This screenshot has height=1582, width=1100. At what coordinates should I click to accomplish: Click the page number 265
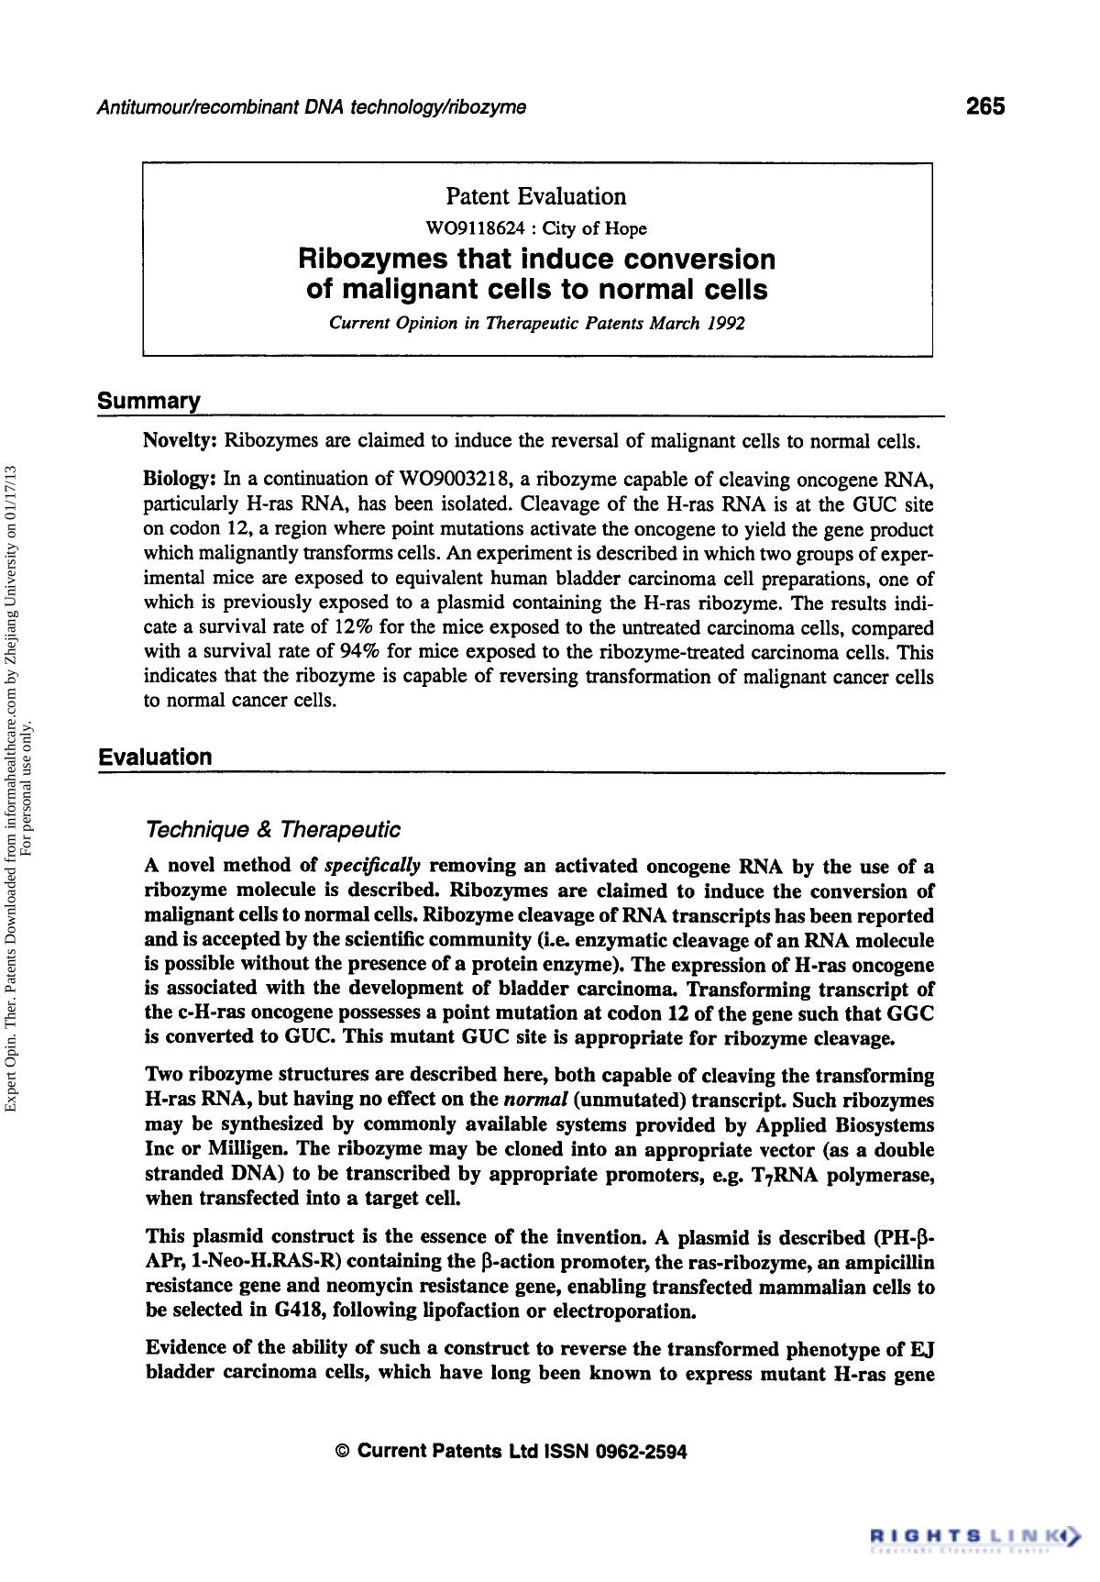click(984, 106)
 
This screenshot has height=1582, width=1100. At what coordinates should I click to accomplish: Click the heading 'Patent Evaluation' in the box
click(535, 196)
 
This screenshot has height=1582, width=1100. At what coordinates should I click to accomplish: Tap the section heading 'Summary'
click(148, 402)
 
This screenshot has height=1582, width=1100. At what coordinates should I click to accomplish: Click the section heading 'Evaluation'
click(155, 757)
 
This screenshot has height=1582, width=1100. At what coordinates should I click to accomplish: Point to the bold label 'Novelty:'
click(180, 440)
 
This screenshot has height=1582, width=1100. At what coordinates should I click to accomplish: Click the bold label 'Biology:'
click(180, 480)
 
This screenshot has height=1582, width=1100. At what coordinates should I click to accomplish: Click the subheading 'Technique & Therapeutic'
click(273, 830)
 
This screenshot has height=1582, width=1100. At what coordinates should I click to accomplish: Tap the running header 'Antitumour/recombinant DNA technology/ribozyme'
click(311, 107)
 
